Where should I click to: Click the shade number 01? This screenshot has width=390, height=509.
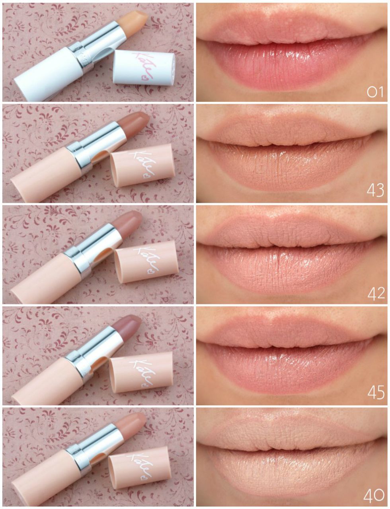375,92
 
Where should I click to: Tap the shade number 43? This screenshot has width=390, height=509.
375,191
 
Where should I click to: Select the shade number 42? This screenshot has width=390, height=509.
376,293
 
